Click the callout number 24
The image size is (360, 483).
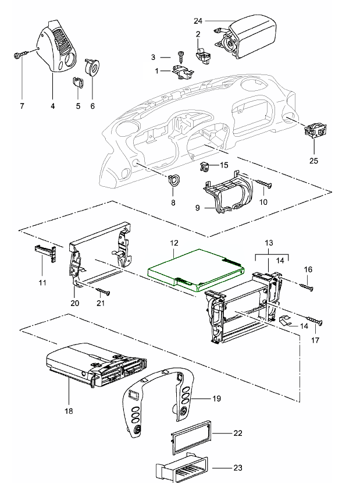click(x=198, y=20)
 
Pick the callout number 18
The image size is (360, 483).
click(x=69, y=410)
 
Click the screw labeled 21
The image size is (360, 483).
click(x=105, y=291)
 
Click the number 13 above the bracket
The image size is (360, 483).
click(x=268, y=241)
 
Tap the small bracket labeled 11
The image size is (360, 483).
click(x=46, y=253)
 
